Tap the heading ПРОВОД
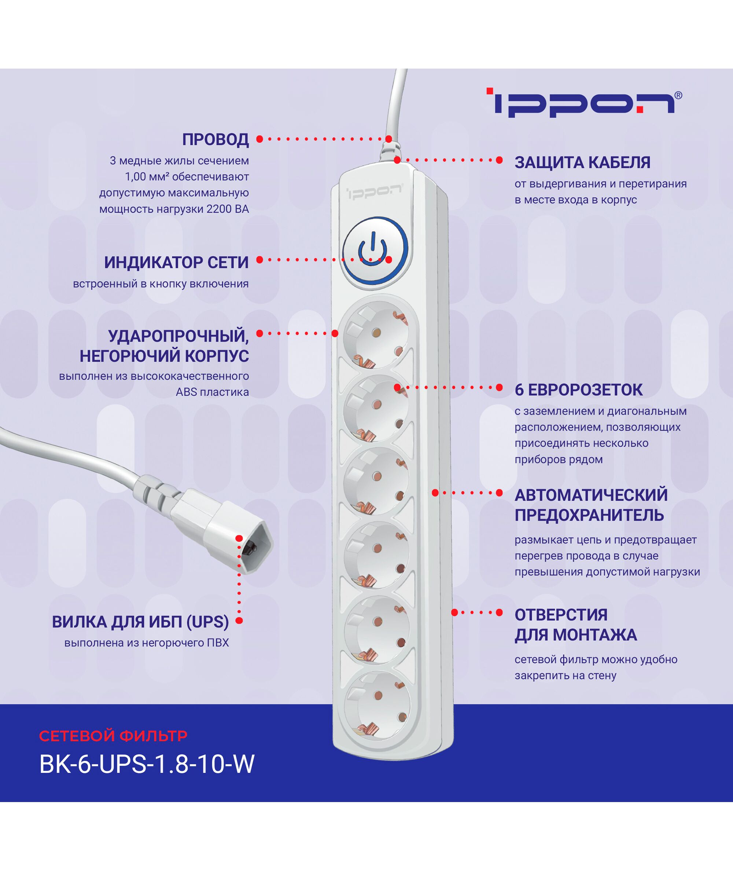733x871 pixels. (216, 140)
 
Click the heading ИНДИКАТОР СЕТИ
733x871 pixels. (177, 263)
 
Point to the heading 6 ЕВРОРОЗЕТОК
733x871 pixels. (579, 390)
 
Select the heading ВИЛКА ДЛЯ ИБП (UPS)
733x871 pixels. (140, 622)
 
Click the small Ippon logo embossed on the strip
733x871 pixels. (374, 193)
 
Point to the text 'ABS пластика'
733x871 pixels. (212, 392)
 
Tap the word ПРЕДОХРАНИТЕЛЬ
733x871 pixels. (589, 515)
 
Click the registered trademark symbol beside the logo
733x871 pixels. (678, 96)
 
